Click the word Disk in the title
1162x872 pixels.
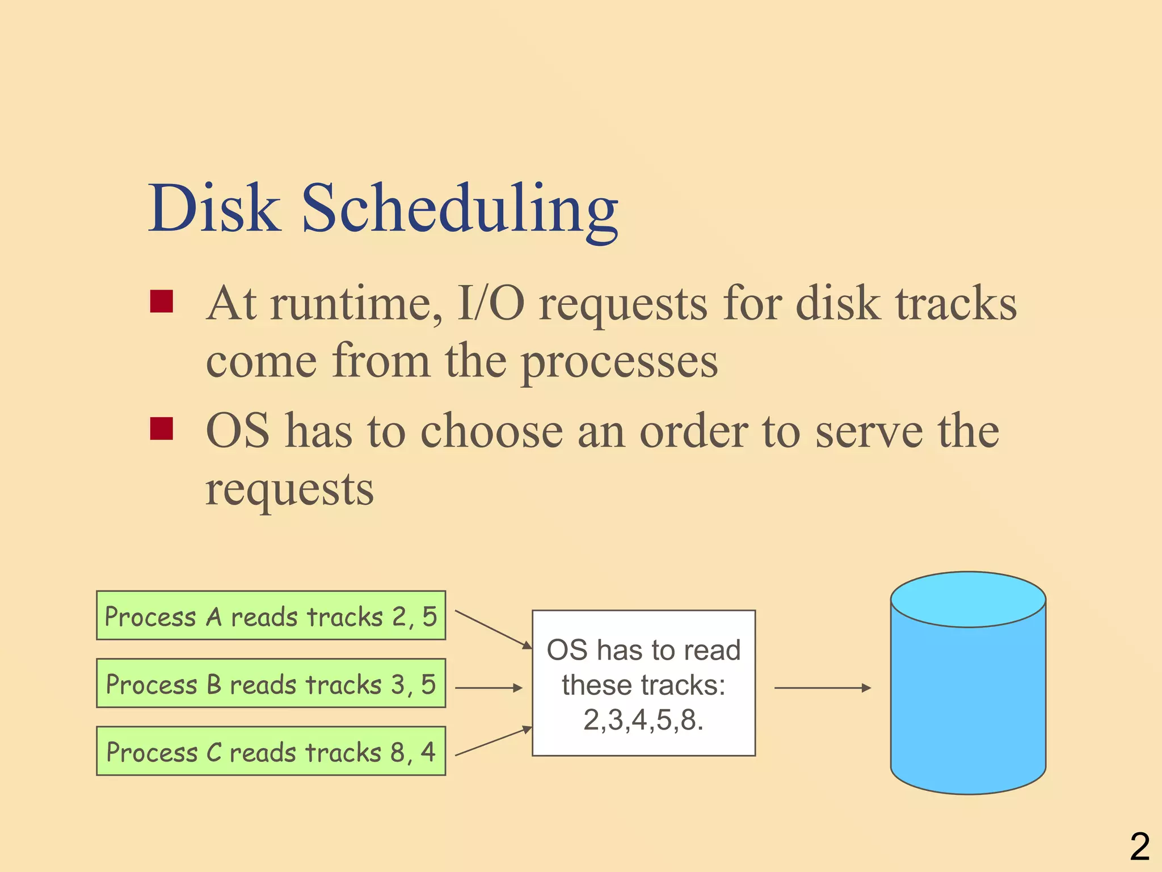(214, 208)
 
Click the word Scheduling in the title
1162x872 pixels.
(460, 210)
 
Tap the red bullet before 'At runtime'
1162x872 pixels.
(161, 301)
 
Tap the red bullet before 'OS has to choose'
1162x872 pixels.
(161, 429)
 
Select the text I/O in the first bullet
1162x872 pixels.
(491, 304)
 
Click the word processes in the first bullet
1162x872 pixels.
(619, 363)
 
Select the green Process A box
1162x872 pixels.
(271, 615)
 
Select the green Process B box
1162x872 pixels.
(271, 683)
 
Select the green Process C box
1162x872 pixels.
(271, 751)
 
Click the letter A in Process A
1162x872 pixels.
(213, 617)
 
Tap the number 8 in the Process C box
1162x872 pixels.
(398, 752)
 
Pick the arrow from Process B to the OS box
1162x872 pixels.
(488, 687)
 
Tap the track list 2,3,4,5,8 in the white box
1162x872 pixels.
(643, 720)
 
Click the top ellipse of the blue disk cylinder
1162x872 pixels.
(967, 599)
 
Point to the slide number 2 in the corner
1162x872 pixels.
(1139, 846)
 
